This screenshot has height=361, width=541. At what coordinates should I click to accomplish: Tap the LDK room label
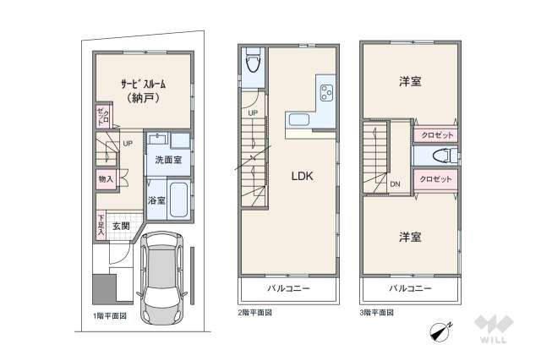tap(303, 177)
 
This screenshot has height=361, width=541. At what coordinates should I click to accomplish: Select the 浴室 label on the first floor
tap(156, 201)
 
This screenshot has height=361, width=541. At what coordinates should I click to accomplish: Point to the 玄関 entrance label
tap(120, 226)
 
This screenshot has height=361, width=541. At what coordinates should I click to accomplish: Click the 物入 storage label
tap(105, 179)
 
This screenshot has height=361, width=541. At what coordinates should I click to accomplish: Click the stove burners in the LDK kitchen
tap(325, 91)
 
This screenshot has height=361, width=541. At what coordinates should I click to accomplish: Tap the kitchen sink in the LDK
tap(298, 119)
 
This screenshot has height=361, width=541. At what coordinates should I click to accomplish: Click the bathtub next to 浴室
tap(178, 200)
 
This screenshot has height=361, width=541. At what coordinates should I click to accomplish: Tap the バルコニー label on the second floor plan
tap(288, 289)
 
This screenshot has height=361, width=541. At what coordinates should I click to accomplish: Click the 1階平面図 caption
tap(110, 315)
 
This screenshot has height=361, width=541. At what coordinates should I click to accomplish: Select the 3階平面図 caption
tap(377, 312)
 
